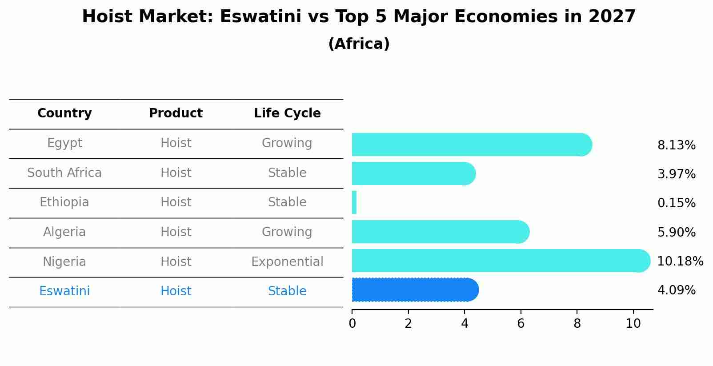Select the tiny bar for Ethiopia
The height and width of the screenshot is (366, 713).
coord(354,202)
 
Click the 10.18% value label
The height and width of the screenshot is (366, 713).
coord(680,261)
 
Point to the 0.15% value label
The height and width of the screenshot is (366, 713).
coord(676,203)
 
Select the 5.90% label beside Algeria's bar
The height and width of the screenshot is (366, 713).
coord(676,232)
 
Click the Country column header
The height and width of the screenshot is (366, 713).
coord(64,113)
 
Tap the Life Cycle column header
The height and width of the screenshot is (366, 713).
coord(287,113)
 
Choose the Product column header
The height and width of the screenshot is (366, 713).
coord(176,113)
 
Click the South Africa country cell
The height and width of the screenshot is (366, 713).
coord(64,173)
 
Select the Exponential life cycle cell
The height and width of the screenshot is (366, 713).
coord(287,261)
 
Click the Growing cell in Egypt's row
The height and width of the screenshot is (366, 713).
coord(287,143)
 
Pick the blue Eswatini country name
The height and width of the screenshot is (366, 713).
coord(64,291)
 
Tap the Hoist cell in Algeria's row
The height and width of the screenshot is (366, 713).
coord(176,232)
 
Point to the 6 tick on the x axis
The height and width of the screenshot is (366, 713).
coord(521,323)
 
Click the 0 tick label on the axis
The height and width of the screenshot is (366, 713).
coord(352,323)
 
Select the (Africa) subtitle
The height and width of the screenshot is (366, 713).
coord(359,44)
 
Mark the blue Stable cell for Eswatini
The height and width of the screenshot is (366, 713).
coord(287,291)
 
